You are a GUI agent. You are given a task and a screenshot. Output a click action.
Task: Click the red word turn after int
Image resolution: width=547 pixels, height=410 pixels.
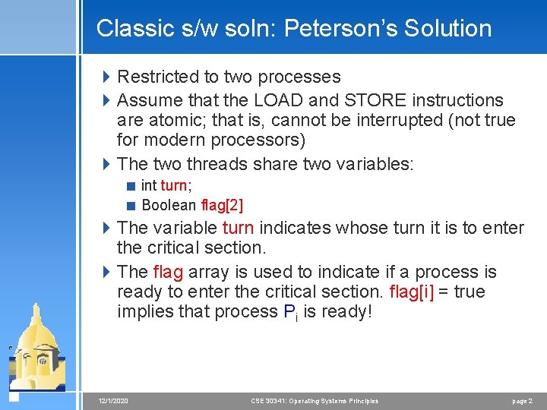coord(173,185)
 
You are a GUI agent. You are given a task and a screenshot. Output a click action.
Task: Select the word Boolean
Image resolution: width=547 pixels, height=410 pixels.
coord(168,205)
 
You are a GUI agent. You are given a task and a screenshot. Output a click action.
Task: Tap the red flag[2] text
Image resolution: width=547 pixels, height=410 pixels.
coord(222,205)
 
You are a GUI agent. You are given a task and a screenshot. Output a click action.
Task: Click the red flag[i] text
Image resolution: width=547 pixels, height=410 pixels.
coord(412,292)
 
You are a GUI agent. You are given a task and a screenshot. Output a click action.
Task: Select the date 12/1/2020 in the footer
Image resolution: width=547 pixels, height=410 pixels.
coord(113,401)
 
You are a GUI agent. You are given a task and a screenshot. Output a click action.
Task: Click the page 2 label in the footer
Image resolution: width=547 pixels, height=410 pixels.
coord(522,401)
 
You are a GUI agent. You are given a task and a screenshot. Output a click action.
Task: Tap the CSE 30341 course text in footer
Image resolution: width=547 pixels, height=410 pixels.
coord(314,401)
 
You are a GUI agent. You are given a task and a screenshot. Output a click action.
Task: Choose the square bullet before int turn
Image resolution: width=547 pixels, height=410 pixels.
coord(131,185)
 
